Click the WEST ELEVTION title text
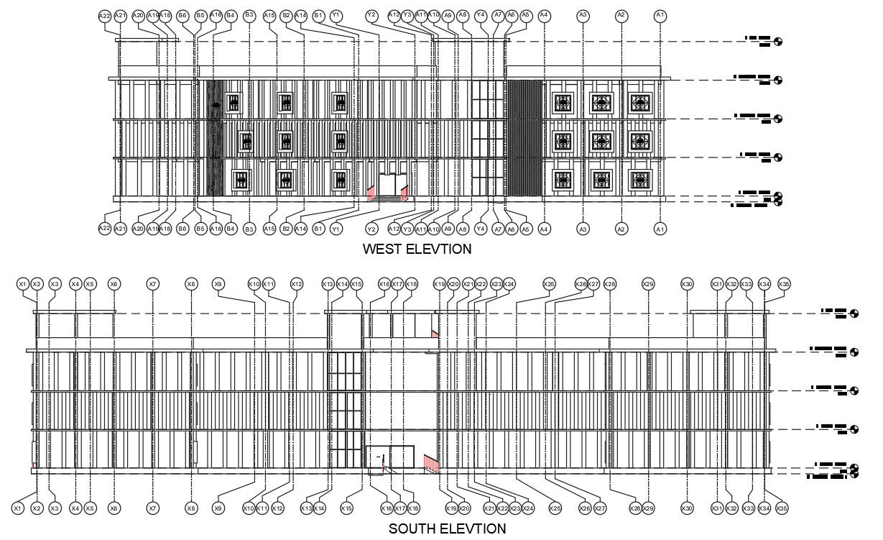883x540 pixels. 417,250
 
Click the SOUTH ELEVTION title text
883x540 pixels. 447,529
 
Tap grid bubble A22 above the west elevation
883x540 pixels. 105,15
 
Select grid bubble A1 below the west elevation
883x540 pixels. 660,229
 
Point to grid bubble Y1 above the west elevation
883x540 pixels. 336,15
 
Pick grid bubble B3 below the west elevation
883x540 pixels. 249,229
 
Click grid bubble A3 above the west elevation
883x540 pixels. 583,15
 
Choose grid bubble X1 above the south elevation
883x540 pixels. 22,284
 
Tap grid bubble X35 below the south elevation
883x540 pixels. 782,508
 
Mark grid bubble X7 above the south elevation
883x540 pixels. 152,284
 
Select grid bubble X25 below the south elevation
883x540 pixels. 555,508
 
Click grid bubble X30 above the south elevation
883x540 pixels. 688,284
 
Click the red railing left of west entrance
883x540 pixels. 371,193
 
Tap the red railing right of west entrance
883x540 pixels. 404,193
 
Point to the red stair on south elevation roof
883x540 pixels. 435,333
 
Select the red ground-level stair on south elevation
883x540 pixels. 431,464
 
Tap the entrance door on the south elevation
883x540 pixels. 390,458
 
